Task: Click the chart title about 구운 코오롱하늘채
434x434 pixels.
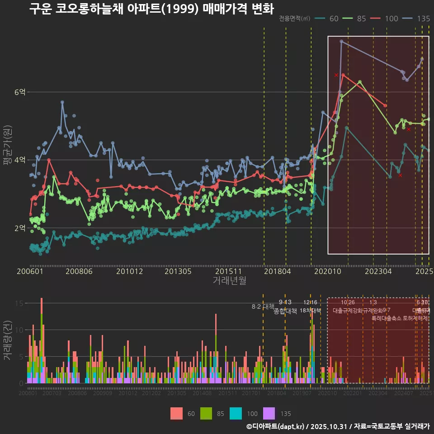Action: (151, 9)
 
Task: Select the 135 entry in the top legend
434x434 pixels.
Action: (423, 19)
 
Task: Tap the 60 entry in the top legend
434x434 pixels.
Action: (334, 19)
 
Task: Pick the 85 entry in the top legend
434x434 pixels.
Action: (361, 19)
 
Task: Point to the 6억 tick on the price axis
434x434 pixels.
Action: (20, 92)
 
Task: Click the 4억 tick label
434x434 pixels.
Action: (20, 160)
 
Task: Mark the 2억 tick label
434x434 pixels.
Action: (20, 228)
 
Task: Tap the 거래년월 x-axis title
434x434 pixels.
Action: (229, 281)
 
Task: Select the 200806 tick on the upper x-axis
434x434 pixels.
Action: (79, 272)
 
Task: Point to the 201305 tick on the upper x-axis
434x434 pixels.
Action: (178, 272)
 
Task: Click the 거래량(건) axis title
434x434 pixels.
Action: (7, 340)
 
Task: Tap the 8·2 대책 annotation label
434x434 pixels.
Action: (263, 307)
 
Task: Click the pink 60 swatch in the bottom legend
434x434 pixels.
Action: (177, 413)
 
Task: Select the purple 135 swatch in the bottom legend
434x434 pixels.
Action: (269, 413)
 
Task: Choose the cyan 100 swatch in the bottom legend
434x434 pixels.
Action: (236, 413)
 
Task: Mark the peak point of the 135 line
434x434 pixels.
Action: (341, 42)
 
